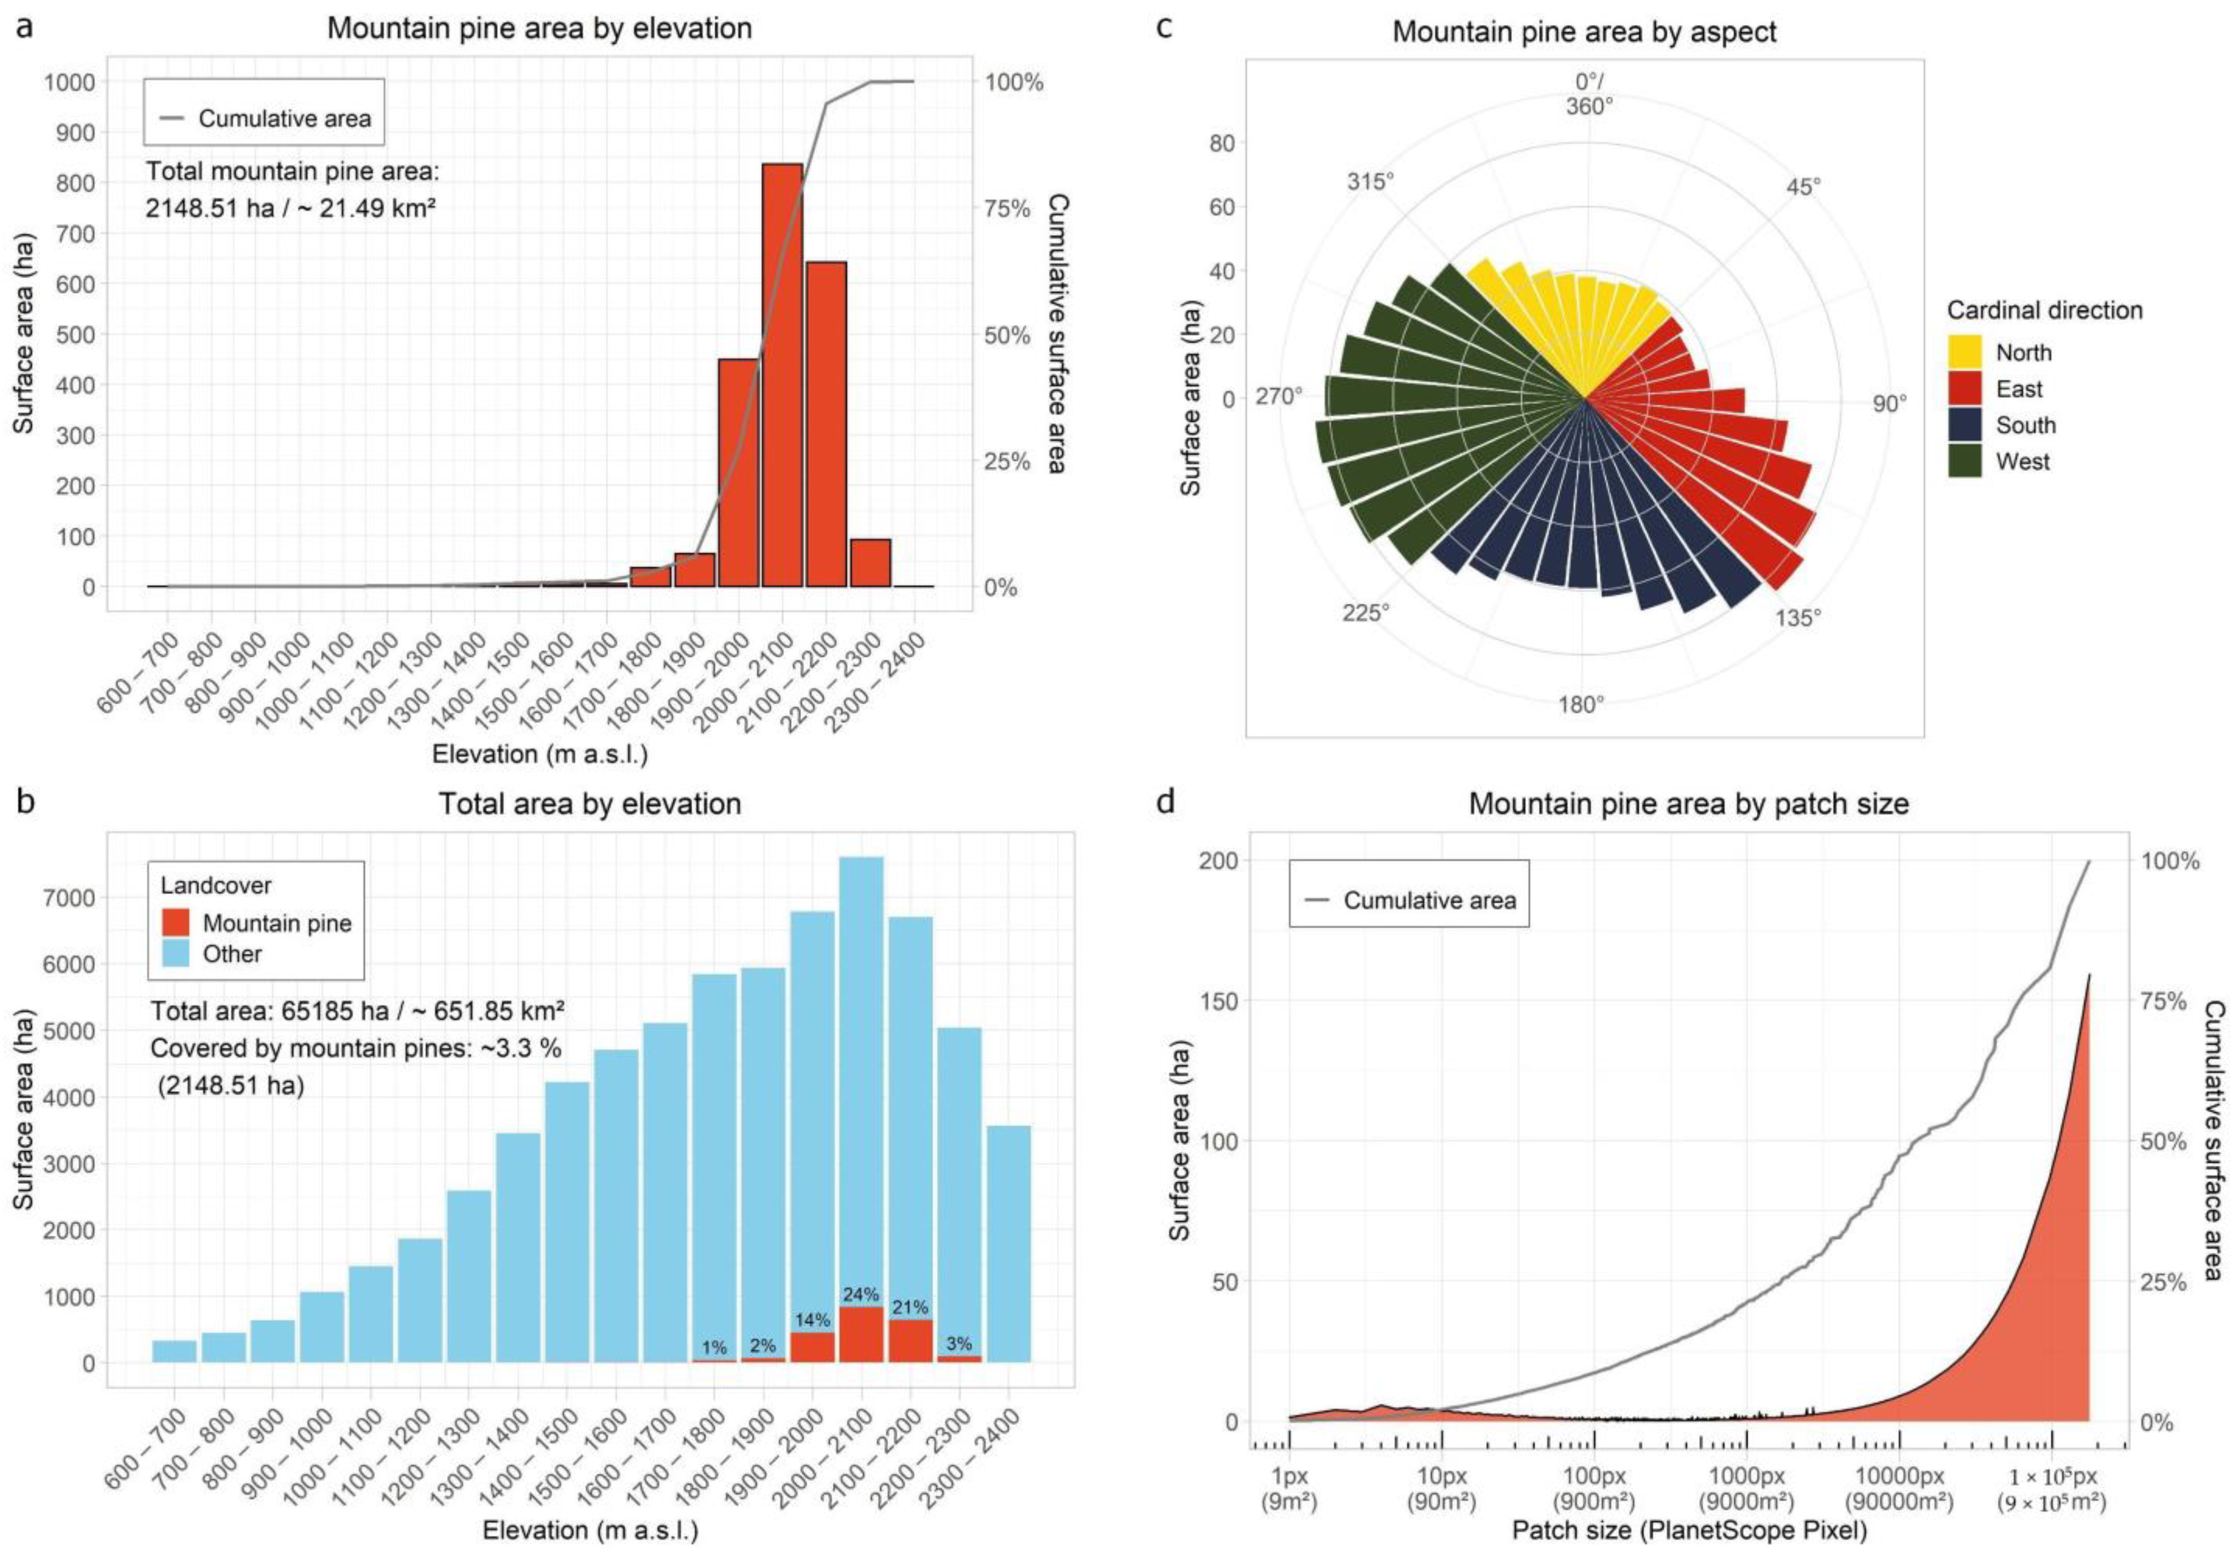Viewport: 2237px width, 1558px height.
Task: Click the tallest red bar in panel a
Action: coord(782,375)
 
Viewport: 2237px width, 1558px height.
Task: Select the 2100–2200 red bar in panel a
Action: coord(826,424)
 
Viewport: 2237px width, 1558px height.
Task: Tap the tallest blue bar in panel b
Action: coord(861,1081)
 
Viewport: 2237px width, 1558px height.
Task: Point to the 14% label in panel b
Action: coord(813,1320)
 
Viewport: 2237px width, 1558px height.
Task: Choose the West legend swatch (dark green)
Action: coord(1964,461)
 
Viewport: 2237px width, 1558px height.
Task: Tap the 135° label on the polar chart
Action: coord(1798,618)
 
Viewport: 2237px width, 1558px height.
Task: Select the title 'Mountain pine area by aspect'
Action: coord(1584,31)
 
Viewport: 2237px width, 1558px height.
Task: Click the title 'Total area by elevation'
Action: coord(590,804)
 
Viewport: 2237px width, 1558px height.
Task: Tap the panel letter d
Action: coord(1164,802)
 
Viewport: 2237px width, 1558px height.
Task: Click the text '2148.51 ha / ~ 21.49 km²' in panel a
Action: coord(290,208)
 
